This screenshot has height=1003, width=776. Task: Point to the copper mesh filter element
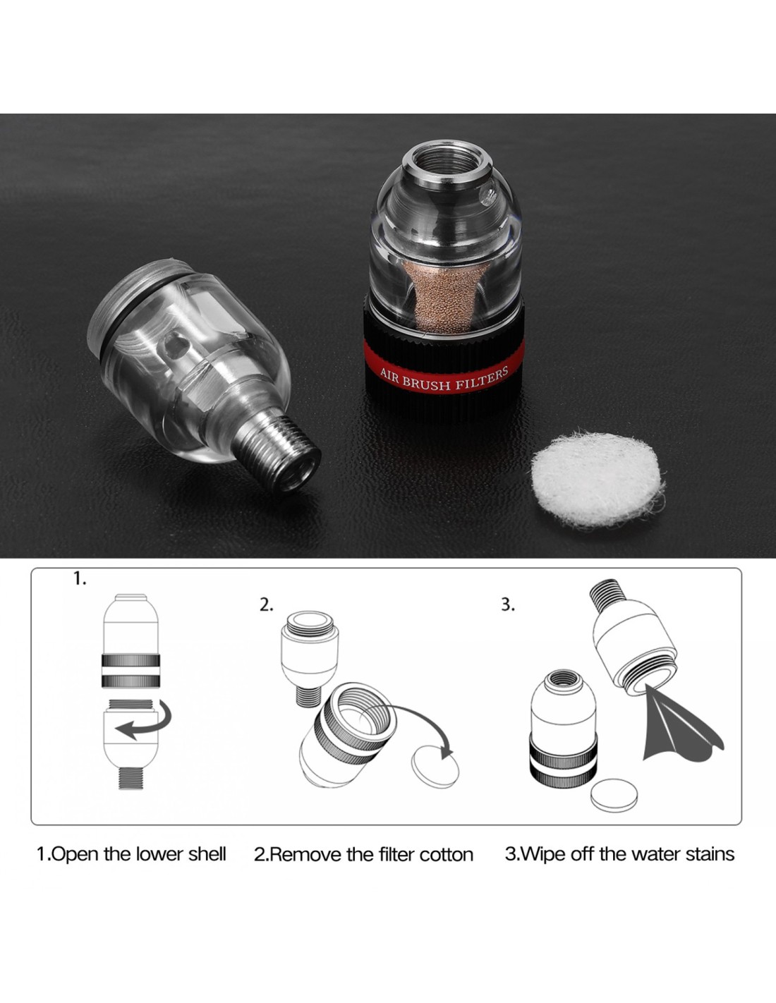point(443,296)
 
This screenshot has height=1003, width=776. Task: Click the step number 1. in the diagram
point(80,579)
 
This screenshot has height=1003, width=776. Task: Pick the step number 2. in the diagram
point(266,605)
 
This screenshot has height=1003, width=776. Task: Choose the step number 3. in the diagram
point(507,605)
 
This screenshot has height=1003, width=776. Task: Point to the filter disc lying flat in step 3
point(614,795)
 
